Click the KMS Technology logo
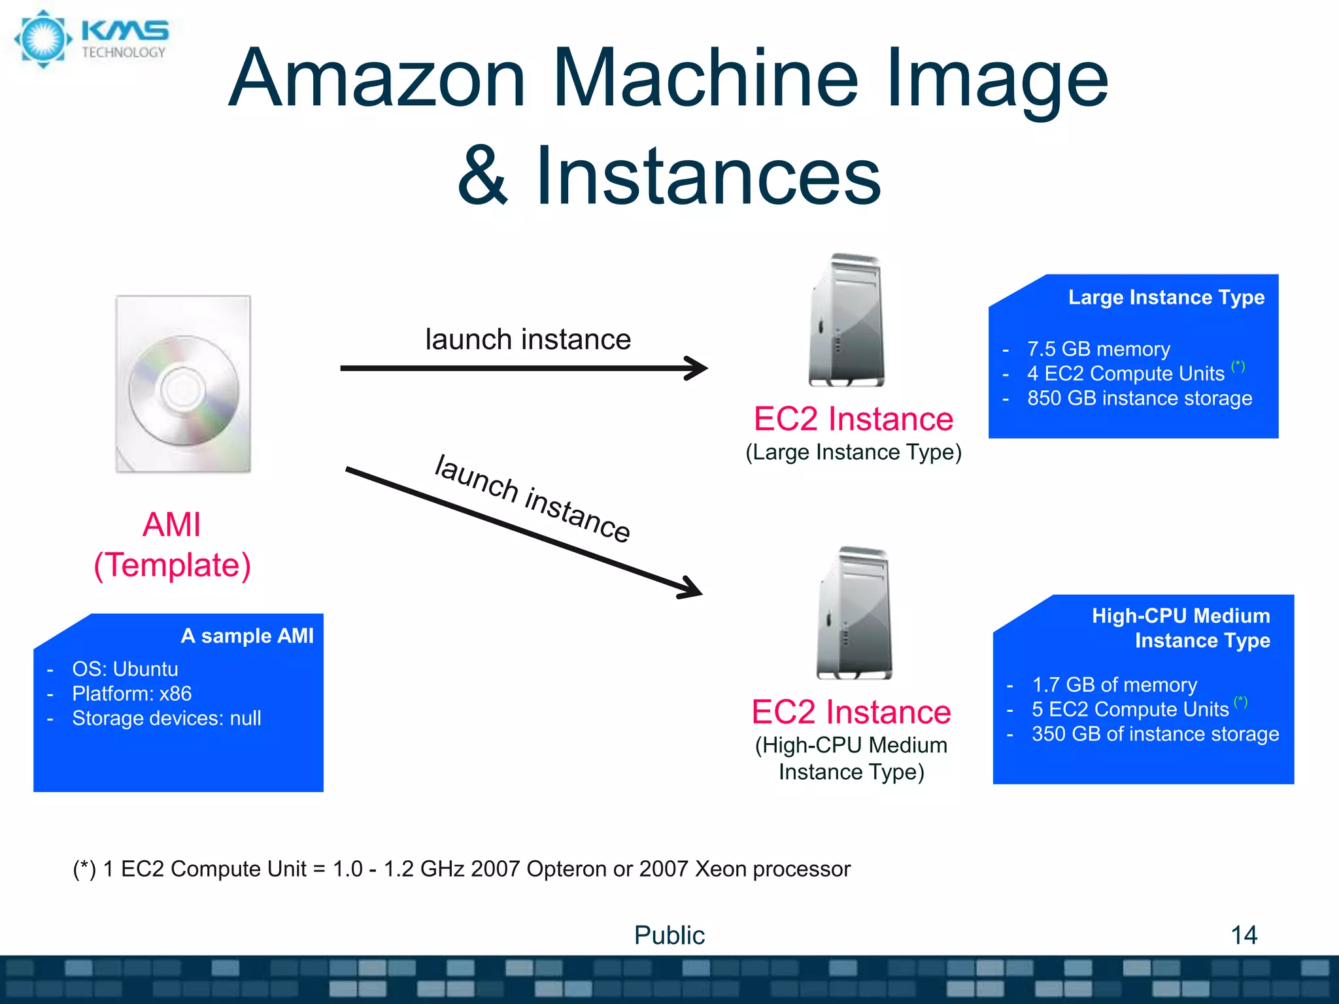coord(92,39)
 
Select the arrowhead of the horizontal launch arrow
coord(697,368)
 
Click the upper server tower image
coord(847,320)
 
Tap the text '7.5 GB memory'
coord(1098,349)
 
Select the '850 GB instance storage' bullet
coord(1139,398)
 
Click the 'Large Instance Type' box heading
coord(1166,297)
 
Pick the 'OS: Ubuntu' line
coord(125,669)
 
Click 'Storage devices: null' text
coord(166,718)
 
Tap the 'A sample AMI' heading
coord(247,636)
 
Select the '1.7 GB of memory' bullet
coord(1114,685)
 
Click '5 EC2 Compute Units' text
coord(1130,709)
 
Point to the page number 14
coord(1244,935)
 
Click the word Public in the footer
coord(669,935)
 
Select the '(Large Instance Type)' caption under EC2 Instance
coord(853,452)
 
